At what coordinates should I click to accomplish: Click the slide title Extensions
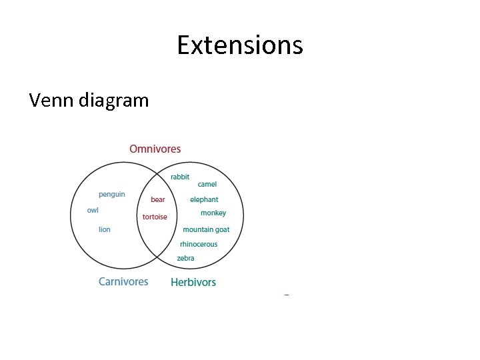(240, 45)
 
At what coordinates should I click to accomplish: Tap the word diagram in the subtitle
(113, 101)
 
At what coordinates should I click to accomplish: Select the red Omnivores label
(155, 149)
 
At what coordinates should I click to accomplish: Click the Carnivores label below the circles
(123, 281)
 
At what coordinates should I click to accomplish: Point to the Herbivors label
(193, 282)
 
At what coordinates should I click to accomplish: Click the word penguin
(112, 195)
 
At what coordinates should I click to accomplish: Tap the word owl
(93, 210)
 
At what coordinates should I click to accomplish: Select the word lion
(105, 229)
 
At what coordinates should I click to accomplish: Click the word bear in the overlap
(158, 199)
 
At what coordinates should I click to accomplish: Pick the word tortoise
(155, 217)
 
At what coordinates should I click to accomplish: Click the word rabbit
(180, 177)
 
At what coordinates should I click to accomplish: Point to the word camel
(207, 184)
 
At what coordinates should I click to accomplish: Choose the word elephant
(204, 199)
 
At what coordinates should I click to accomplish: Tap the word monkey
(213, 213)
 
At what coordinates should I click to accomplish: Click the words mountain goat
(206, 229)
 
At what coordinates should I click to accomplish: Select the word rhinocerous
(199, 244)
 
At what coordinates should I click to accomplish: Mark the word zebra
(186, 258)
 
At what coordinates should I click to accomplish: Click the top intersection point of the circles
(157, 171)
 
